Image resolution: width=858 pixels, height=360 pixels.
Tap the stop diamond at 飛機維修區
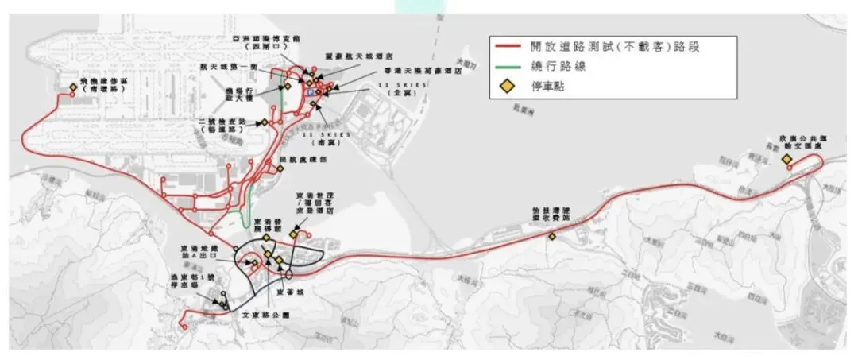click(x=74, y=87)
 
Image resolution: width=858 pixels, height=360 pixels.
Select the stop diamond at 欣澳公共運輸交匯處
click(x=786, y=160)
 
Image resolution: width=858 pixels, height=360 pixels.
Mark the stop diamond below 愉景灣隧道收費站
click(x=551, y=235)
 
